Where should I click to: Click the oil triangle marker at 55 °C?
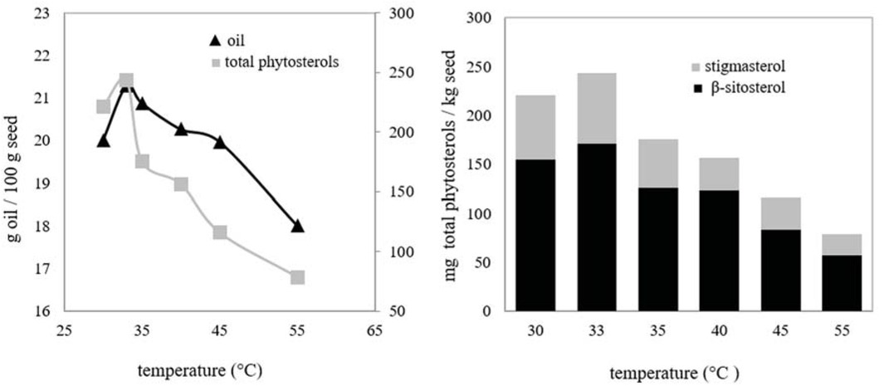[297, 226]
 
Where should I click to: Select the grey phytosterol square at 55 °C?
[297, 277]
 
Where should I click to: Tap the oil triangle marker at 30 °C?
[103, 140]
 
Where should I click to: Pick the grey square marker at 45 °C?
[220, 232]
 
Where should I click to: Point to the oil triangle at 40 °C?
[181, 129]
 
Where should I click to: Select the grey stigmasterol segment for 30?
[536, 127]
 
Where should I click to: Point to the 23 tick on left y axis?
[41, 13]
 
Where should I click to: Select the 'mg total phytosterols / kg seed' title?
[451, 164]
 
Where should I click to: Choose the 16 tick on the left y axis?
[41, 311]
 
